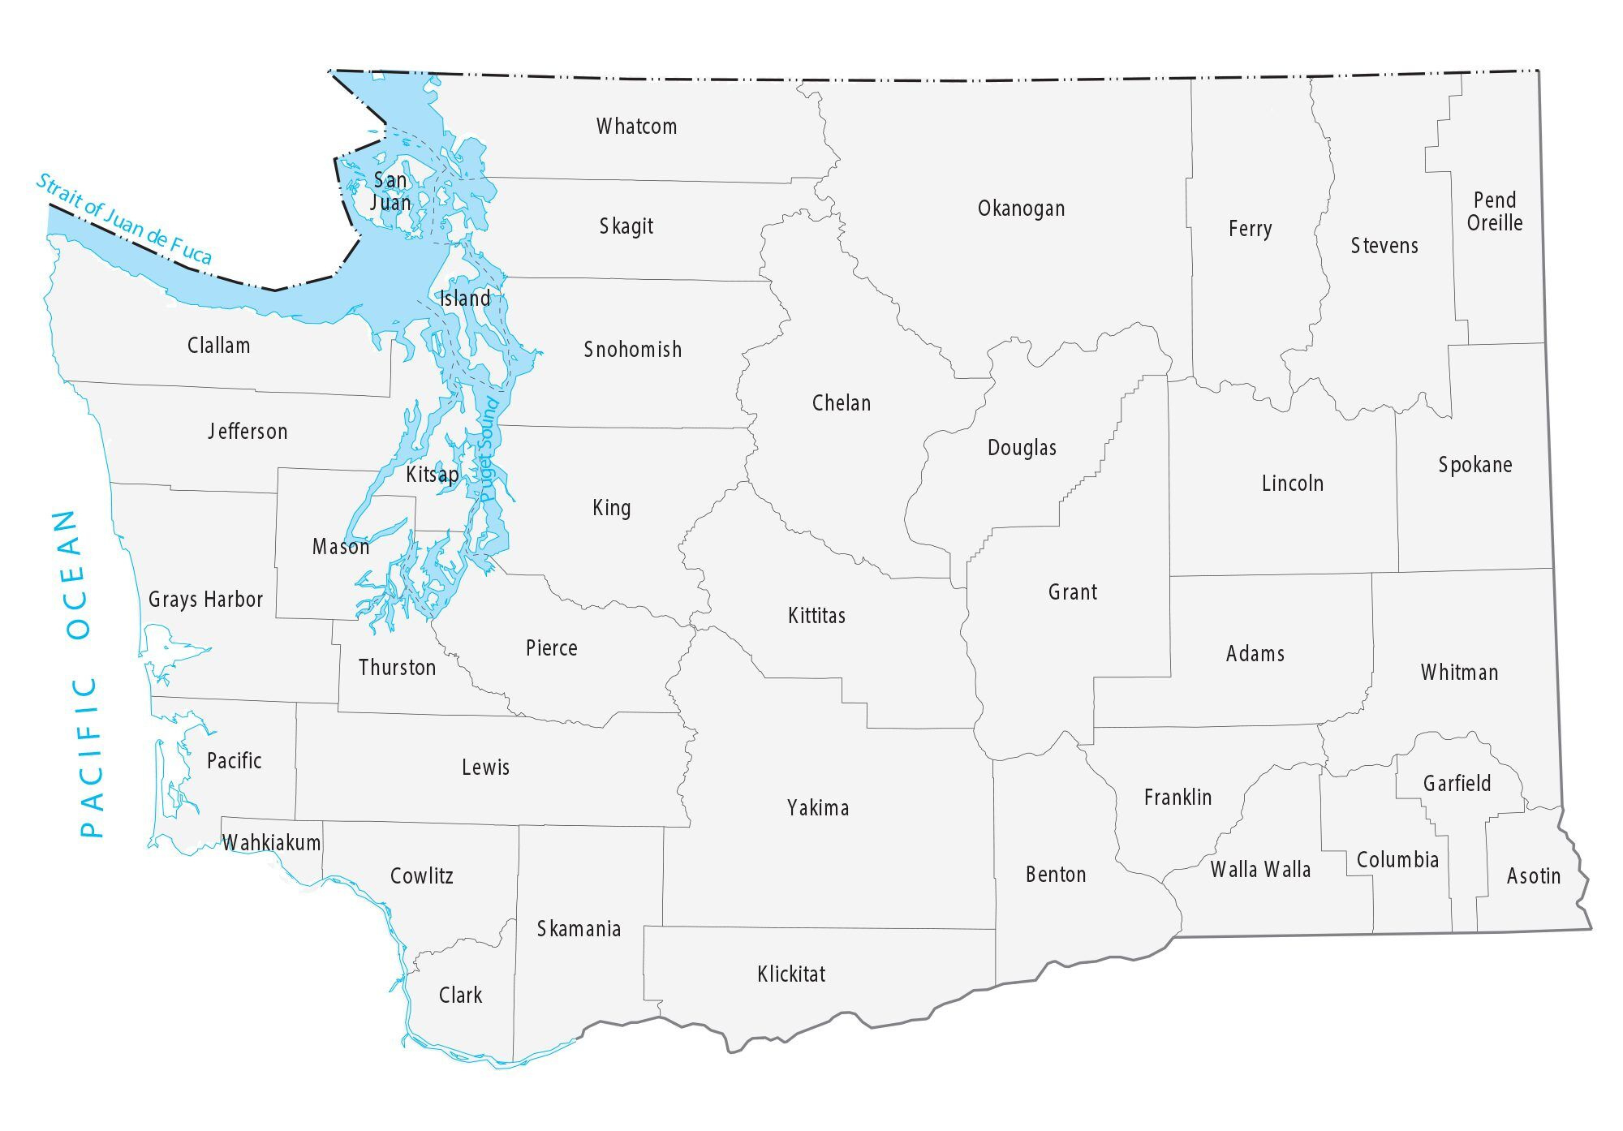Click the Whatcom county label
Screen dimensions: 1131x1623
click(636, 127)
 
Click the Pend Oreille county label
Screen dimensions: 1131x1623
click(1494, 212)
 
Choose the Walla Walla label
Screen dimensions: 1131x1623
click(1260, 870)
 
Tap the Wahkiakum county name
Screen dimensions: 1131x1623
click(272, 843)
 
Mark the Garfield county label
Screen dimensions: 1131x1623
click(1457, 784)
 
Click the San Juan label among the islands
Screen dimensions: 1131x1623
click(390, 191)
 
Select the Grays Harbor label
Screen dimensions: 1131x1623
click(205, 600)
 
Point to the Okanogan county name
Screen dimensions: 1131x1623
click(1021, 209)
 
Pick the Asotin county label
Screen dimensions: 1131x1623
click(1533, 876)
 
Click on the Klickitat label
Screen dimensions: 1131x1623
click(791, 974)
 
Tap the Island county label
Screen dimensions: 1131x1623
click(465, 299)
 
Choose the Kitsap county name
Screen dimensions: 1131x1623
click(432, 474)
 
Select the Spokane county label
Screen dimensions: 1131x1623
click(1474, 465)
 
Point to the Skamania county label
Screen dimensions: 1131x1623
click(579, 929)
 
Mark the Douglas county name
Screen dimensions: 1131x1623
click(1022, 448)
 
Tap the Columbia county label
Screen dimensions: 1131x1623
click(1397, 860)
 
